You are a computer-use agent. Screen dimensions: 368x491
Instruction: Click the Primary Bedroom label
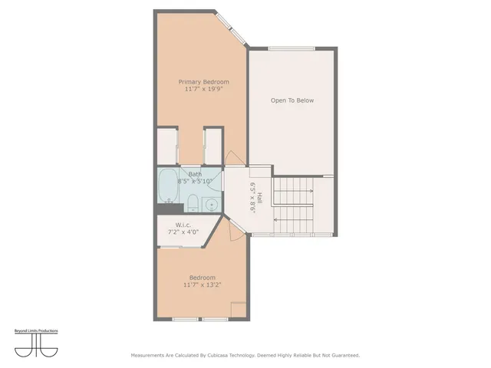pyautogui.click(x=203, y=82)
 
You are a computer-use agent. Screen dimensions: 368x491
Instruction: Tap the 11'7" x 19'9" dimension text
pyautogui.click(x=203, y=90)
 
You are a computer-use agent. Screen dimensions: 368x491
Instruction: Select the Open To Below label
pyautogui.click(x=292, y=100)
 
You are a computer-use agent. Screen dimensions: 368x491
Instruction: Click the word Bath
pyautogui.click(x=196, y=174)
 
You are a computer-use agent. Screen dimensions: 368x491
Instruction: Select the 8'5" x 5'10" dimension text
pyautogui.click(x=196, y=182)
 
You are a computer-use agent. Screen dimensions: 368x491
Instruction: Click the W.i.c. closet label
pyautogui.click(x=183, y=225)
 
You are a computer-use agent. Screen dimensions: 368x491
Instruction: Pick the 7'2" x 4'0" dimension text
pyautogui.click(x=183, y=232)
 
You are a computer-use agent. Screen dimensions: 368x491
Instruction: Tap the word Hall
pyautogui.click(x=260, y=197)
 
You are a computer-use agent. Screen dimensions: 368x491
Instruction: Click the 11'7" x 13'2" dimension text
pyautogui.click(x=203, y=284)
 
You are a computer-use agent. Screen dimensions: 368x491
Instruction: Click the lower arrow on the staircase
pyautogui.click(x=295, y=219)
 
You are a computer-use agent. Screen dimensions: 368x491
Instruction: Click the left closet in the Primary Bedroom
pyautogui.click(x=168, y=146)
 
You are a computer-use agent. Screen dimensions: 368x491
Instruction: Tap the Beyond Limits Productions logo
pyautogui.click(x=36, y=342)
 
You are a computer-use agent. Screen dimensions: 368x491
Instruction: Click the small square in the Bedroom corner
pyautogui.click(x=239, y=310)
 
